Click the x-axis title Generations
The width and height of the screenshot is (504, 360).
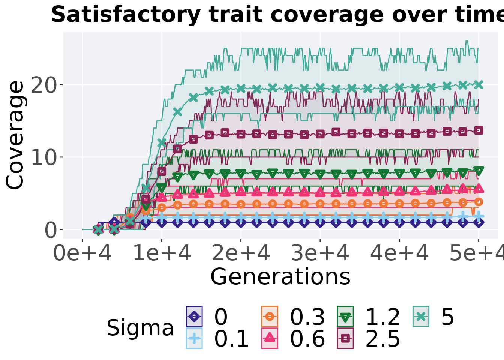pyautogui.click(x=280, y=277)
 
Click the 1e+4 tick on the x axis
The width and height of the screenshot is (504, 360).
pyautogui.click(x=162, y=253)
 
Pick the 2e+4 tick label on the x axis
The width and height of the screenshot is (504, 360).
pyautogui.click(x=241, y=253)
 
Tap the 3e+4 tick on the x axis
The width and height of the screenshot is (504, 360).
pyautogui.click(x=320, y=253)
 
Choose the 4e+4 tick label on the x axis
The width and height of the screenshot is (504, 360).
pyautogui.click(x=399, y=253)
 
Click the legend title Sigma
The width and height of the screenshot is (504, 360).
pyautogui.click(x=140, y=328)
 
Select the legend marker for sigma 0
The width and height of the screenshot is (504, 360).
pyautogui.click(x=194, y=316)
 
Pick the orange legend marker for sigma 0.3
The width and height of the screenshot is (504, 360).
pyautogui.click(x=270, y=316)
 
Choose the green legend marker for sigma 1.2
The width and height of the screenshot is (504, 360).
pyautogui.click(x=345, y=316)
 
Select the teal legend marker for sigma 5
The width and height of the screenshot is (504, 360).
pyautogui.click(x=421, y=316)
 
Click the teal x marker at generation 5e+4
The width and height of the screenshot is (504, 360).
pyautogui.click(x=478, y=84)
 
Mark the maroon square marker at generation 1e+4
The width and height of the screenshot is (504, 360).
pyautogui.click(x=162, y=171)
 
